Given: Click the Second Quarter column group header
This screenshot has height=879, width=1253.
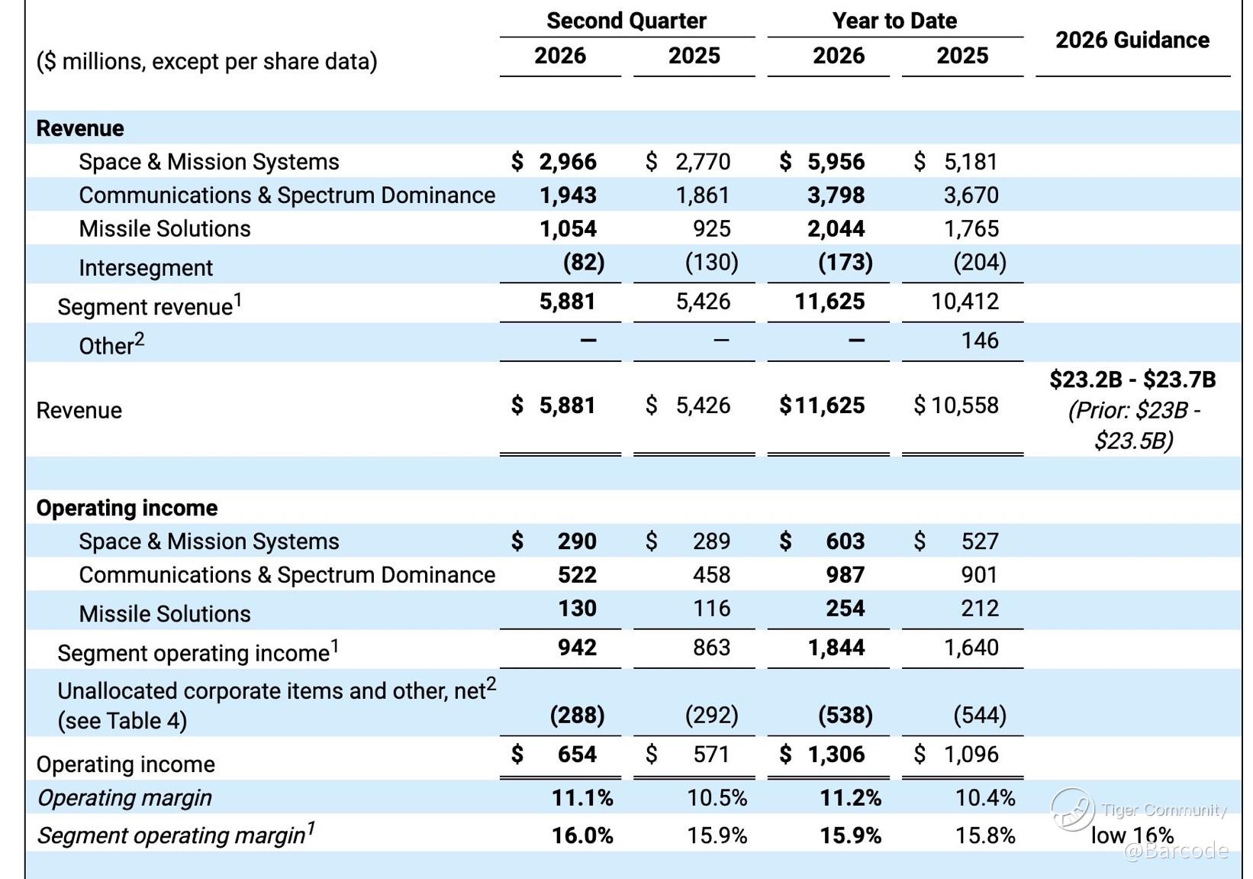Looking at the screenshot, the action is click(x=626, y=21).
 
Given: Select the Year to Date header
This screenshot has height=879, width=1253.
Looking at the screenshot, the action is click(x=894, y=21).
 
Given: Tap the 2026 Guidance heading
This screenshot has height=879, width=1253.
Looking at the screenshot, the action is click(x=1132, y=40).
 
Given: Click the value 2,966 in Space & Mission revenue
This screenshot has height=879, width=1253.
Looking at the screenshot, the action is click(x=568, y=162).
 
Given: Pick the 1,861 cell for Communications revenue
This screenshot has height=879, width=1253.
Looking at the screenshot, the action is click(x=703, y=196).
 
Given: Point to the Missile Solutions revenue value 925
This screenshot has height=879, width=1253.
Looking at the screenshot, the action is click(x=711, y=229).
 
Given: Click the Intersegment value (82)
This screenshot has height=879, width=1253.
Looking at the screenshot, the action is click(x=584, y=262).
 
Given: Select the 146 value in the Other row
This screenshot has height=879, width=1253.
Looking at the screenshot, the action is click(x=980, y=341).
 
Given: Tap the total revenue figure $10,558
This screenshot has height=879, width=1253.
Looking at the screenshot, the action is click(x=956, y=406).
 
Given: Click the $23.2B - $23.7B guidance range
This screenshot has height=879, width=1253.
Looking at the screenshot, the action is click(x=1132, y=380).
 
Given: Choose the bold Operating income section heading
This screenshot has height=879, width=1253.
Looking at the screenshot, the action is click(x=127, y=508).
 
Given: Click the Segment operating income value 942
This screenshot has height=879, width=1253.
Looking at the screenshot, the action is click(x=577, y=648).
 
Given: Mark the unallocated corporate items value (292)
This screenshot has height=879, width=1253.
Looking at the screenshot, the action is click(x=711, y=715).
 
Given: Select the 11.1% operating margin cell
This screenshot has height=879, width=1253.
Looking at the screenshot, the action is click(x=582, y=798).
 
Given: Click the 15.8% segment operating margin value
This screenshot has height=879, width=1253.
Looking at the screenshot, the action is click(x=985, y=836).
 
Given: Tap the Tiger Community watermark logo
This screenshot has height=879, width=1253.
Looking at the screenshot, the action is click(x=1072, y=810).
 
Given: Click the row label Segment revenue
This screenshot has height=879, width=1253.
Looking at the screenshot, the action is click(x=145, y=307).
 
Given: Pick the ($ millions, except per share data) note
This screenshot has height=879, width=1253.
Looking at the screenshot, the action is click(x=206, y=61).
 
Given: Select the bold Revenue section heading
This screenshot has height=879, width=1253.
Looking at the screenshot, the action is click(x=80, y=128).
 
